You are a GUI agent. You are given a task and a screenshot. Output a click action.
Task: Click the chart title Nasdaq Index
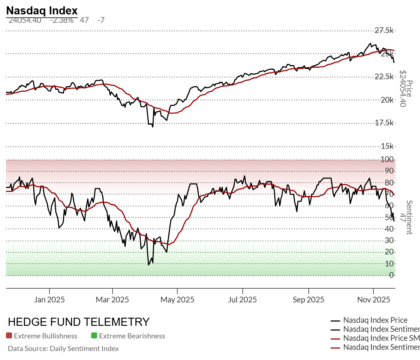pos(42,10)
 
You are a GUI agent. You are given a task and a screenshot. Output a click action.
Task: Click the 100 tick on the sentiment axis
pos(387,159)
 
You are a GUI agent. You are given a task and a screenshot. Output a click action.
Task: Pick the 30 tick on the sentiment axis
pos(389,240)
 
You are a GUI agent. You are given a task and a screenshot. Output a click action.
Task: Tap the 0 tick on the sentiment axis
pos(391,275)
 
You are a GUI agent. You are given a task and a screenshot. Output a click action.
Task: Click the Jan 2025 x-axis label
pos(49,300)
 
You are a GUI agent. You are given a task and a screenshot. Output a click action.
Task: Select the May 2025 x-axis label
pos(177,300)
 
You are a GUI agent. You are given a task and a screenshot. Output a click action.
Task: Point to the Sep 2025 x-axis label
pos(308,300)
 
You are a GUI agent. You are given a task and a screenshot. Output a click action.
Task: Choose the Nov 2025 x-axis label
pos(373,300)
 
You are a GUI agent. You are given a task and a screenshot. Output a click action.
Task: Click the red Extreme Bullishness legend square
pos(9,336)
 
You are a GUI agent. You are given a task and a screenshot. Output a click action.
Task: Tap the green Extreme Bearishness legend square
pos(94,336)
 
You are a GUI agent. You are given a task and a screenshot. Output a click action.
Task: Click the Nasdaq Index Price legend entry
pos(375,320)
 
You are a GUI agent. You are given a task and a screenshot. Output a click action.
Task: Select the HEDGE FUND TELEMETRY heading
pos(79,322)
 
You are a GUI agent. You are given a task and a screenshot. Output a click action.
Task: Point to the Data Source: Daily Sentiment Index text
pos(63,349)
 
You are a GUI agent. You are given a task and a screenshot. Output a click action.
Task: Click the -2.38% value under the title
pos(61,20)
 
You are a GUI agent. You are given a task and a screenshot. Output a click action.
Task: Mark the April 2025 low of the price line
pos(153,127)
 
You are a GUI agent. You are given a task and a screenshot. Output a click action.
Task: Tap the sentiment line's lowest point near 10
pos(148,265)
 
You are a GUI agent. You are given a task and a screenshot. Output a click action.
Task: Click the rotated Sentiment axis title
pos(409,217)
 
